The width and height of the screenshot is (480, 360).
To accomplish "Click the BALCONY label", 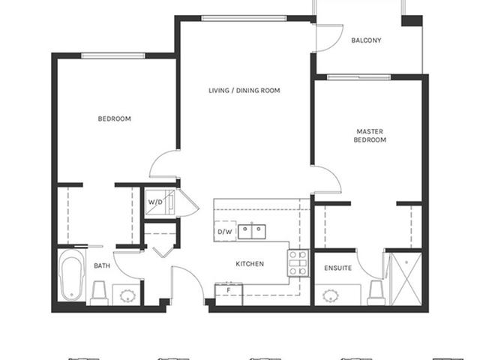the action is [366, 40].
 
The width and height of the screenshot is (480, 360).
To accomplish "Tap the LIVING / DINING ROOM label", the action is [244, 91].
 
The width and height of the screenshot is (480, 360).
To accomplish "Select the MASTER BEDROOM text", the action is [370, 136].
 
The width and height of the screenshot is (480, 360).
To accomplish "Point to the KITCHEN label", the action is [250, 264].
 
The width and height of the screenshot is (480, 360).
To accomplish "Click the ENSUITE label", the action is [338, 268].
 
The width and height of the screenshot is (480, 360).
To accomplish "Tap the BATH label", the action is [102, 265].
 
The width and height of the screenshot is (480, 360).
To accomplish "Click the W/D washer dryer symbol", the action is [160, 202].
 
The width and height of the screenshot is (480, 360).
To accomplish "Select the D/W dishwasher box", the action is [225, 232].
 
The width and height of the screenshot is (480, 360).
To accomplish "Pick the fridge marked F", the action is [229, 295].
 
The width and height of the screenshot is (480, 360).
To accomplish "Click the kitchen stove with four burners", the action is [298, 263].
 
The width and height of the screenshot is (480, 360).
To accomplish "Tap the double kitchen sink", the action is [252, 232].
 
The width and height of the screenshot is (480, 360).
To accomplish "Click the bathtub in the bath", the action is [72, 275].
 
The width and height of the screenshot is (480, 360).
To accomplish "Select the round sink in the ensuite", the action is [330, 296].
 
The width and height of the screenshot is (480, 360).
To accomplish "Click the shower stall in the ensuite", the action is [406, 279].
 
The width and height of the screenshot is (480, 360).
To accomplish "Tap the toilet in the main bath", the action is [99, 293].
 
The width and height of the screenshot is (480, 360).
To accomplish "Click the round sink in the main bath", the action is [127, 296].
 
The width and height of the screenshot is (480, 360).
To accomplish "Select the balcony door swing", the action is [329, 38].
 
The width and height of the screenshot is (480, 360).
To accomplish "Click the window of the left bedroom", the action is [113, 55].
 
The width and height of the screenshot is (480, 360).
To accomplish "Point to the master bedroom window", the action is [358, 76].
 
